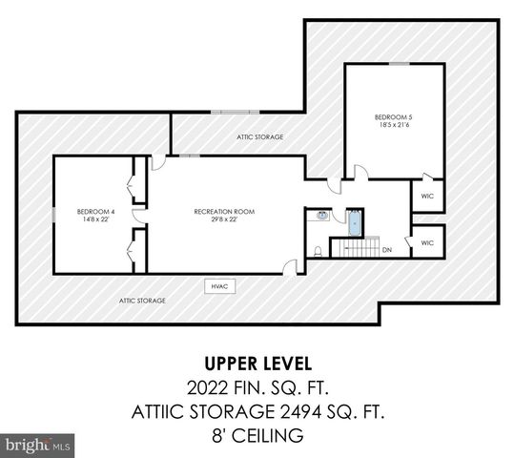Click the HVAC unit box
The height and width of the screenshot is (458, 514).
tap(219, 285)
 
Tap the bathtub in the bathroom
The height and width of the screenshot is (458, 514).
tap(355, 222)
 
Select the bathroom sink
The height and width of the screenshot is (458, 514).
tap(323, 217)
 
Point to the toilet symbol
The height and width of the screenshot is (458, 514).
tap(316, 252)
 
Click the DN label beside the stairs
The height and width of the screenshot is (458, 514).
tap(387, 250)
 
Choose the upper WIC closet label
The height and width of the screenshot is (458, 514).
tap(426, 196)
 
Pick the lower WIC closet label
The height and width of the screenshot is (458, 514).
tap(426, 242)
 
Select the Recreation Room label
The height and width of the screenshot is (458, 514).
tap(224, 211)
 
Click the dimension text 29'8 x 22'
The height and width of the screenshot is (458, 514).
tap(224, 219)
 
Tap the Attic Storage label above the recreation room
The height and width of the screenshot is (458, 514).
tap(260, 137)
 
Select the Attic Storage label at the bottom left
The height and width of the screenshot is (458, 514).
tap(142, 301)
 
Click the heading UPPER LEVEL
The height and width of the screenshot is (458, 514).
tap(257, 364)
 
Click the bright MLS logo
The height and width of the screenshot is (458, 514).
tap(37, 445)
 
